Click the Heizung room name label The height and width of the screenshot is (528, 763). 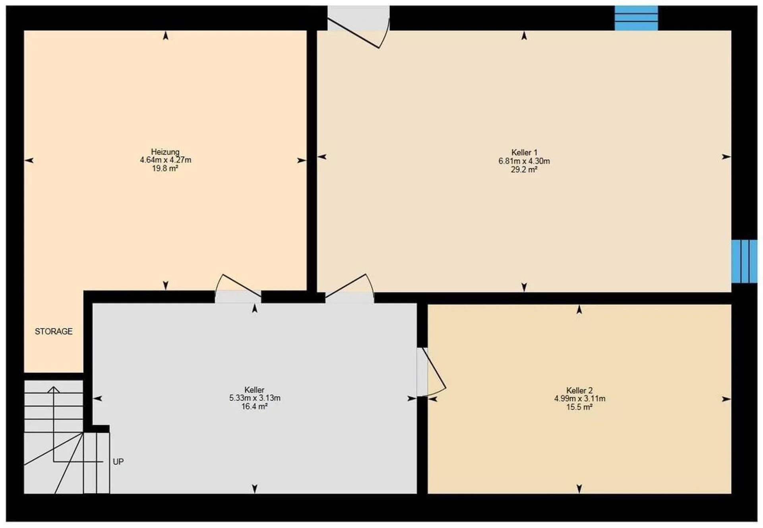[x=165, y=152]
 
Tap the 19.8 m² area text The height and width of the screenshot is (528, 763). [x=165, y=169]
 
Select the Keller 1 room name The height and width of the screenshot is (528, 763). [x=524, y=153]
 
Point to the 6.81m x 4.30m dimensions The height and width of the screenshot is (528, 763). [x=524, y=161]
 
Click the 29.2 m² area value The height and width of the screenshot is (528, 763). [x=524, y=170]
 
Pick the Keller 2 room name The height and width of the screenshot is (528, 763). [x=579, y=390]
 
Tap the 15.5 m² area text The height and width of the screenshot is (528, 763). [x=579, y=407]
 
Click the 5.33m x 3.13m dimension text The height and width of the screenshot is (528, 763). [x=255, y=398]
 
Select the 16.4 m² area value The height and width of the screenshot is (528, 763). [x=254, y=407]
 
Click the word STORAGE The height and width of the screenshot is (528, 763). [x=54, y=332]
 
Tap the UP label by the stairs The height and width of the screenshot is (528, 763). [x=118, y=462]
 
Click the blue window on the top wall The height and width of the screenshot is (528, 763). [x=636, y=18]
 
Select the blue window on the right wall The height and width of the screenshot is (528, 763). [x=744, y=261]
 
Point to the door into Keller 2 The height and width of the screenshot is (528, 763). [x=431, y=372]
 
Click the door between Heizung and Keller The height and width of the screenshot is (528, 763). [x=238, y=289]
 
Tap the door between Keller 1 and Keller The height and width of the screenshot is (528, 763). [x=350, y=289]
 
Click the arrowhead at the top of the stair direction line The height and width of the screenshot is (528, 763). [x=54, y=389]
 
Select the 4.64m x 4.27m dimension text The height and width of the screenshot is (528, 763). [x=165, y=160]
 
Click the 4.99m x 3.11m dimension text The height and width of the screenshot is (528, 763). [x=580, y=399]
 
